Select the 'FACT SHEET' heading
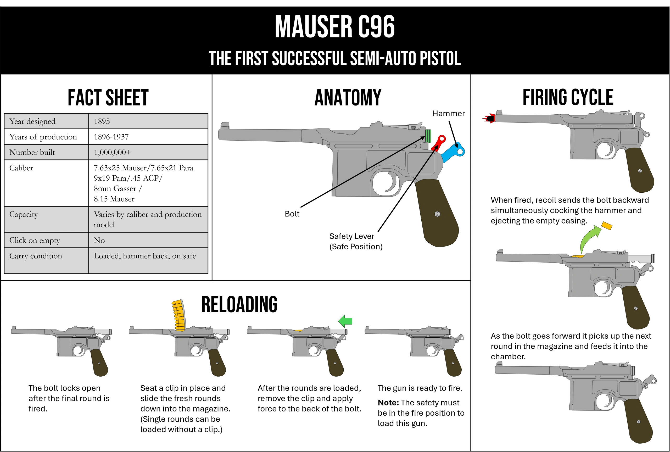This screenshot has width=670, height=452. point(108,98)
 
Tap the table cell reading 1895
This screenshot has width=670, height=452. point(102,121)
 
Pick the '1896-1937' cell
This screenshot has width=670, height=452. point(111,137)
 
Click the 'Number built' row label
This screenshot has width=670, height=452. point(32,153)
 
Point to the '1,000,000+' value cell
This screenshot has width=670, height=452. point(112,153)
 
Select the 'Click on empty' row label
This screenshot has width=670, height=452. point(35,241)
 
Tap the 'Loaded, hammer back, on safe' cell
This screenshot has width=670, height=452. point(145,256)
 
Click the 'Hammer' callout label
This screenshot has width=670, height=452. point(448,114)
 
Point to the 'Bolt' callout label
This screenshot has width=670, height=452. point(292,214)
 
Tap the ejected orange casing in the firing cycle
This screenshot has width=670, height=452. point(607,226)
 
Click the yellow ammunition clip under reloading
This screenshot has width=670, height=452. point(179,315)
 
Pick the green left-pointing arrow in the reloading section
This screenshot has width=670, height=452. point(345,321)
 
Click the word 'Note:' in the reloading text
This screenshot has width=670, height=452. point(388,403)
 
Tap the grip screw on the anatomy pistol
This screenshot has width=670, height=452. point(437,214)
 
